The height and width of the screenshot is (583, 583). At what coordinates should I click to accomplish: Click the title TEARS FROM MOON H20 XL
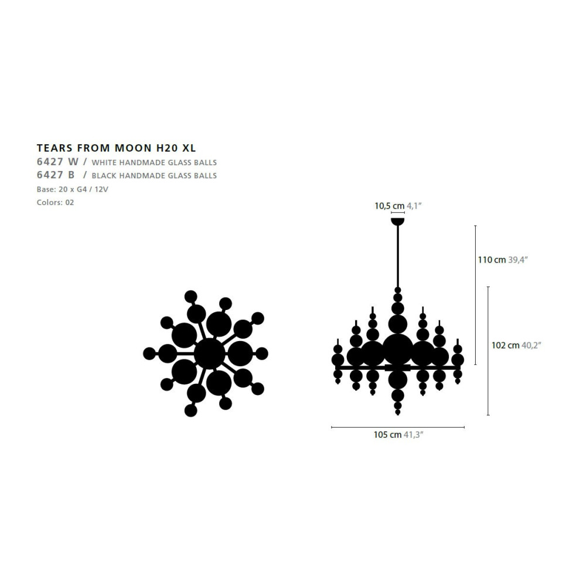tap(116, 148)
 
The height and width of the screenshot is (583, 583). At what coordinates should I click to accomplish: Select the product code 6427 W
tap(57, 162)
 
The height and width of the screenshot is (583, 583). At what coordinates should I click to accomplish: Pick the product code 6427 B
tap(56, 175)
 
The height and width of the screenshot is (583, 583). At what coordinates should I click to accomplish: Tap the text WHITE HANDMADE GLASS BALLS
tap(154, 162)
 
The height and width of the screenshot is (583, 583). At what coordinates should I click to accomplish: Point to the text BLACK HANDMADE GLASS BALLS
tap(154, 176)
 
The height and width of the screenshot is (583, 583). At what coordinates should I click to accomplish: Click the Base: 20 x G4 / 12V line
tap(73, 189)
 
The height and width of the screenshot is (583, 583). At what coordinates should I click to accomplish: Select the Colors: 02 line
tap(56, 203)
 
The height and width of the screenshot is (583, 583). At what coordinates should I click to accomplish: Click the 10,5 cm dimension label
tap(389, 206)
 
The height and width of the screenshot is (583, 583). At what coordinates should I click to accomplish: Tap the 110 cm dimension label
tap(492, 260)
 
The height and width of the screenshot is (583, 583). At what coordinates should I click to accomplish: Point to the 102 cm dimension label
tap(505, 346)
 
